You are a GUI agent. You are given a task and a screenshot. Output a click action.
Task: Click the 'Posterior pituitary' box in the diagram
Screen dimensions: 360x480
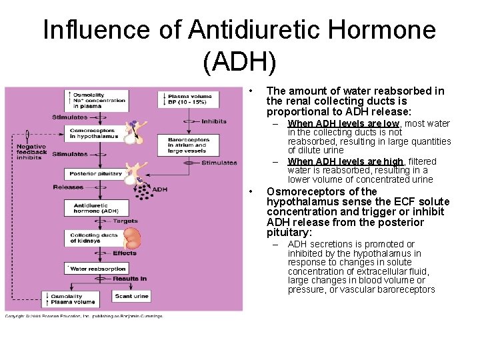point(94,173)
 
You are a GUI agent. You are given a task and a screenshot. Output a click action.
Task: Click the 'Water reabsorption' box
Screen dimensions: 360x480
point(94,269)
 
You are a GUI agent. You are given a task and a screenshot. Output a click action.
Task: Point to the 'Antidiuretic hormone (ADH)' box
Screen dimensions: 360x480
point(94,207)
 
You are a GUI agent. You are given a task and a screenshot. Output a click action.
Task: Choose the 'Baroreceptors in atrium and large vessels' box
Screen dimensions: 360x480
point(189,145)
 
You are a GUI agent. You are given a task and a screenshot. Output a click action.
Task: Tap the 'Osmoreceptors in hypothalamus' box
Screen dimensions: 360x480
point(94,133)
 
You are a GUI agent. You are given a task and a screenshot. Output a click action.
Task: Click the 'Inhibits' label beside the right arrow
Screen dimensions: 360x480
point(213,121)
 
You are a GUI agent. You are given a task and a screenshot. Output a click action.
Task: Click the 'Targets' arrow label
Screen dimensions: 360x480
point(125,221)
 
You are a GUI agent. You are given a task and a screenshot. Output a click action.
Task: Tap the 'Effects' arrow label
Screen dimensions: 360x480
point(124,253)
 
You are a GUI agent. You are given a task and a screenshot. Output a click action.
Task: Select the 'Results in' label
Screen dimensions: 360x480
point(129,279)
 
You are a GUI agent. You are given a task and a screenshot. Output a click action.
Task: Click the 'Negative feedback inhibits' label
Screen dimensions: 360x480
point(32,151)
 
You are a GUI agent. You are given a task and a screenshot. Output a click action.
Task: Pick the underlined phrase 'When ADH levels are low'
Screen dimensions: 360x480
point(343,123)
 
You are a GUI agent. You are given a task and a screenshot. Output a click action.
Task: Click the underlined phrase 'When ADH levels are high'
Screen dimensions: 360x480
point(345,161)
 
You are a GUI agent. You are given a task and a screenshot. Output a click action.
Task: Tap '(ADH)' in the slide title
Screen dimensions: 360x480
point(239,62)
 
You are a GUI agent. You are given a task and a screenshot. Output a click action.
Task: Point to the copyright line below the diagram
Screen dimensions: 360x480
point(83,315)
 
